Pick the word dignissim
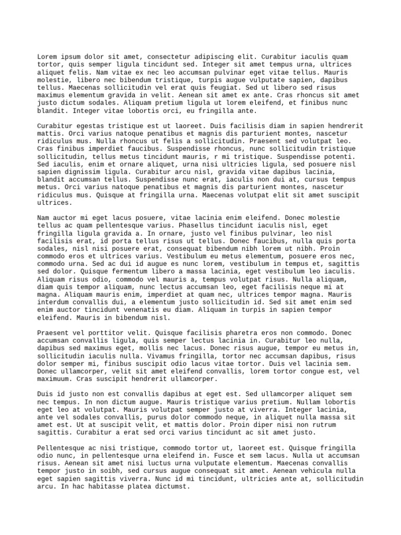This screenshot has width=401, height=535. (79, 172)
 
